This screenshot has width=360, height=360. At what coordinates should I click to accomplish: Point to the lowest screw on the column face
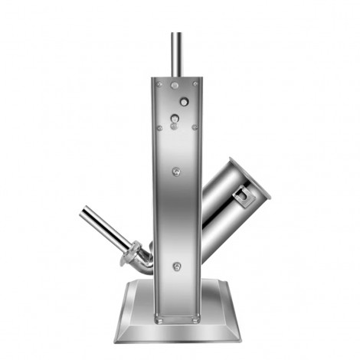178,266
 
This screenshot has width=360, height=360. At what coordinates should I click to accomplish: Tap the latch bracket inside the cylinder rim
244,198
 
